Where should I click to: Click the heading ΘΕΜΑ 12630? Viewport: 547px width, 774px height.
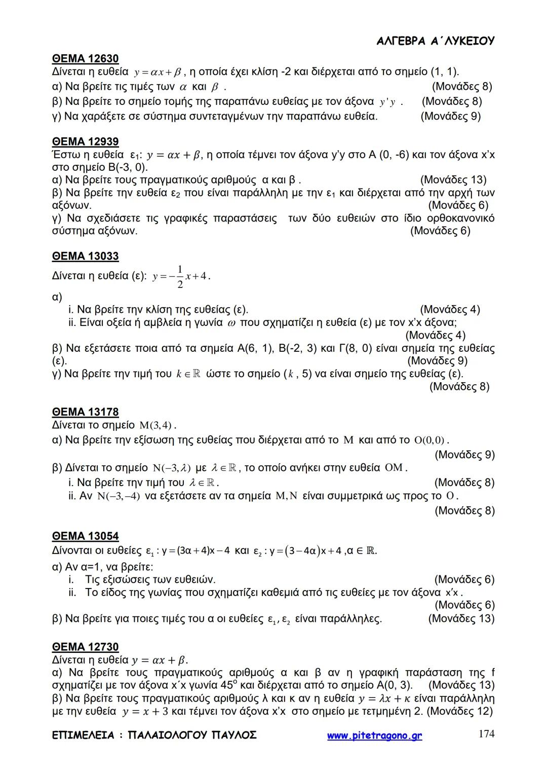click(x=85, y=59)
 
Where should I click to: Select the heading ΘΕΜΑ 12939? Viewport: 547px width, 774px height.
click(x=85, y=141)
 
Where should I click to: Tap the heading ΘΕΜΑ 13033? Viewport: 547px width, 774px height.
click(x=85, y=256)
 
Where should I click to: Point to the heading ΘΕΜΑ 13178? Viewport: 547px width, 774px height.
click(x=85, y=412)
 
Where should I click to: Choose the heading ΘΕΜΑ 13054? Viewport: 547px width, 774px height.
click(x=85, y=536)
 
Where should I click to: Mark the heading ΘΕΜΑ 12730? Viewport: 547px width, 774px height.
click(x=85, y=647)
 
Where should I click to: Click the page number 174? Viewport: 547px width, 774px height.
click(x=486, y=733)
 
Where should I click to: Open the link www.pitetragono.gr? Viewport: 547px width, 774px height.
click(x=374, y=735)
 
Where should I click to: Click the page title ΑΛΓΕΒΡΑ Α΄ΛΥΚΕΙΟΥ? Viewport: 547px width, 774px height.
click(x=436, y=41)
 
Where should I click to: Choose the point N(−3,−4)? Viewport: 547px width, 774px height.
click(x=118, y=496)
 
